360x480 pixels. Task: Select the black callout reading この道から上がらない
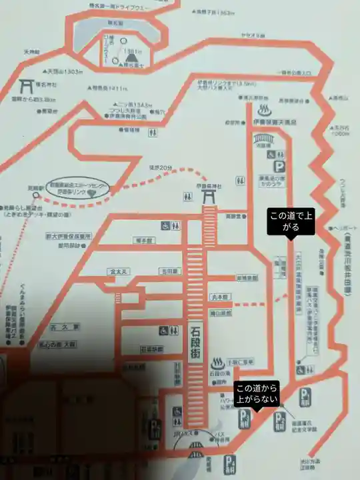256,393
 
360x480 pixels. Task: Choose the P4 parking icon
230,462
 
